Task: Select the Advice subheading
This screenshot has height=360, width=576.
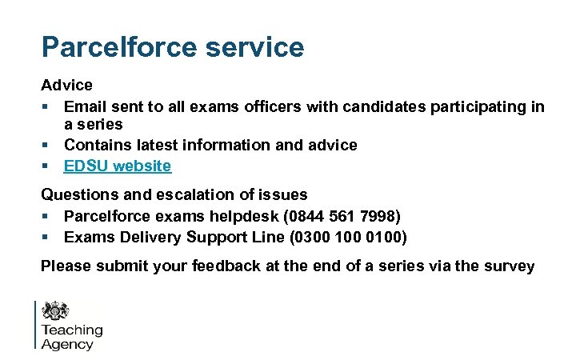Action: click(66, 85)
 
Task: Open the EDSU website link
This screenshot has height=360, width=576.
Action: click(118, 166)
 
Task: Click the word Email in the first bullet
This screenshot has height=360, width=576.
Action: click(85, 106)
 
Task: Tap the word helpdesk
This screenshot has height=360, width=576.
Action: click(236, 217)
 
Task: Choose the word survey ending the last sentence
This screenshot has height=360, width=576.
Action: click(509, 266)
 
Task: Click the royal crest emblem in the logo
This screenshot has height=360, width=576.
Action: click(55, 310)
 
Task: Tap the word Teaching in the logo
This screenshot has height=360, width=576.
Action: click(72, 330)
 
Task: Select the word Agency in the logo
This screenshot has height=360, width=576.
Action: click(67, 344)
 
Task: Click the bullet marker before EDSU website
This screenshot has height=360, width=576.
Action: click(46, 166)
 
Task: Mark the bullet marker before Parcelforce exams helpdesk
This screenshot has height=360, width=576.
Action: click(46, 217)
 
